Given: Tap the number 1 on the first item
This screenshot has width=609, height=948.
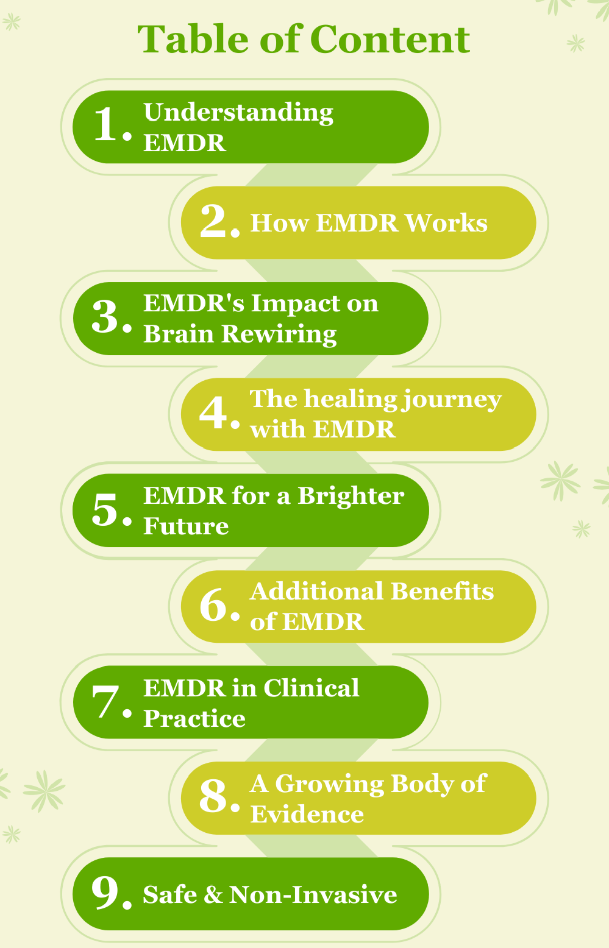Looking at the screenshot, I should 107,125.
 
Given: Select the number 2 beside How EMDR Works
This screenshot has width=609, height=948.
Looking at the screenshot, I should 214,221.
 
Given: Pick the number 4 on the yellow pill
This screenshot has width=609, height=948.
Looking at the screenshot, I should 214,412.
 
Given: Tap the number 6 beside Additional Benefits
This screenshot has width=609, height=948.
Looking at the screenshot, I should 214,606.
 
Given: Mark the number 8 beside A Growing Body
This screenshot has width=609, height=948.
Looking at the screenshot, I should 214,797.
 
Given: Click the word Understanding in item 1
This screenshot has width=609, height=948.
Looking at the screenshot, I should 238,113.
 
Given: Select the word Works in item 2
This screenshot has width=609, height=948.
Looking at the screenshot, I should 446,223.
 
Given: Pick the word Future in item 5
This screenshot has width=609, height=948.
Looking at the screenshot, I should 186,526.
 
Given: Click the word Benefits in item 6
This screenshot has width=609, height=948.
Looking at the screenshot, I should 442,592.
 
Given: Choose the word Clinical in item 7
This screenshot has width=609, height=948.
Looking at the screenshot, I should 311,688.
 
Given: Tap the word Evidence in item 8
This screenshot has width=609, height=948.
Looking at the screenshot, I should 307,815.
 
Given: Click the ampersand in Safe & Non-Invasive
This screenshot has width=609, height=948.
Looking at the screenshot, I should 213,895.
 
